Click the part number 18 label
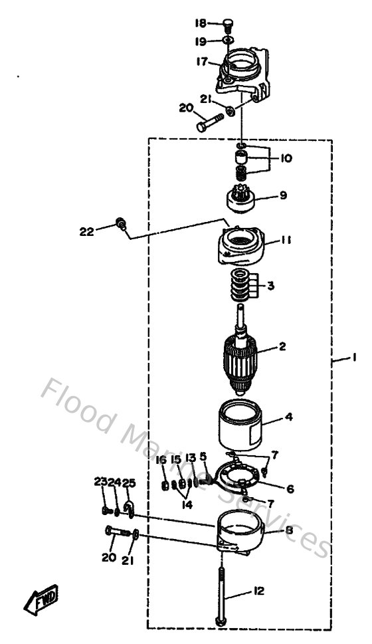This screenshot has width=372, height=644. point(201,23)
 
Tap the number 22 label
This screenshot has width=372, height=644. point(87,231)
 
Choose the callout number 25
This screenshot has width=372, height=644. point(129,483)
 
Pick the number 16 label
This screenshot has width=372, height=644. point(161,459)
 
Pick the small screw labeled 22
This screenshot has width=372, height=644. point(122,223)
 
